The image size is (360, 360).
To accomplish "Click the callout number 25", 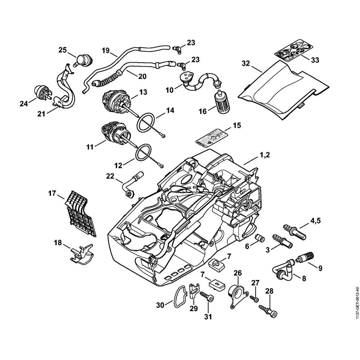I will pos(63,50).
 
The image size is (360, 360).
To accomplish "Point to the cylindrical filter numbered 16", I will pos(220,101).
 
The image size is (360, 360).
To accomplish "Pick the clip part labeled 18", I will pos(81,254).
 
